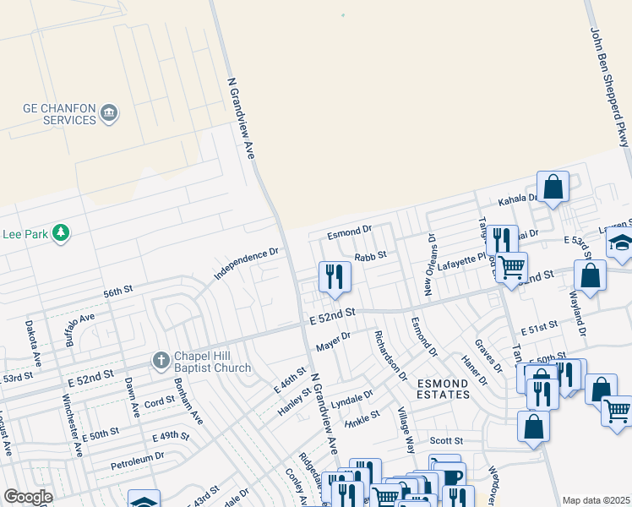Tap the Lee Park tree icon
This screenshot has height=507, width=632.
[60, 232]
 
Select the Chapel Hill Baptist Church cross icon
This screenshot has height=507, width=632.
[161, 361]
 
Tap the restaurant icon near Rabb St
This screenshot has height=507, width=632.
[335, 275]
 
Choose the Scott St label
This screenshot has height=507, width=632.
[446, 441]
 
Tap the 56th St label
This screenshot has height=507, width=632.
[118, 291]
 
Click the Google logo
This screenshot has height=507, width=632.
[29, 497]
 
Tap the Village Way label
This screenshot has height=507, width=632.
[406, 432]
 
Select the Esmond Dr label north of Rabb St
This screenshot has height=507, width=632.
[351, 229]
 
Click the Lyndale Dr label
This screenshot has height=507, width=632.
[351, 398]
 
